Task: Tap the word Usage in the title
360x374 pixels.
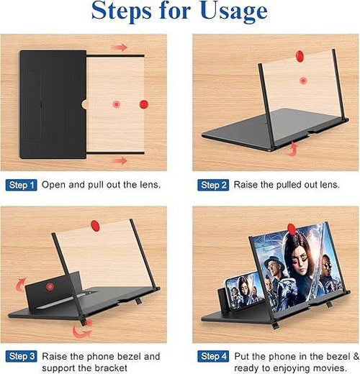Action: [230, 12]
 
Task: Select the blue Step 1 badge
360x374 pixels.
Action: [21, 186]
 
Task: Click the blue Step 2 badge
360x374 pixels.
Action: [214, 186]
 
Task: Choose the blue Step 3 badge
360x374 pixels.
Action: [21, 356]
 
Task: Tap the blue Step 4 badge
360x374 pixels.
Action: [214, 356]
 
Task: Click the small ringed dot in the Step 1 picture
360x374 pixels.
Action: [116, 104]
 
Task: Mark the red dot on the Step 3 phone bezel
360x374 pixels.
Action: [50, 286]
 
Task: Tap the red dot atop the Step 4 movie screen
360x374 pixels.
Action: [291, 229]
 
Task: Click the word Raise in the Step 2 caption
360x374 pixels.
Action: [248, 186]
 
